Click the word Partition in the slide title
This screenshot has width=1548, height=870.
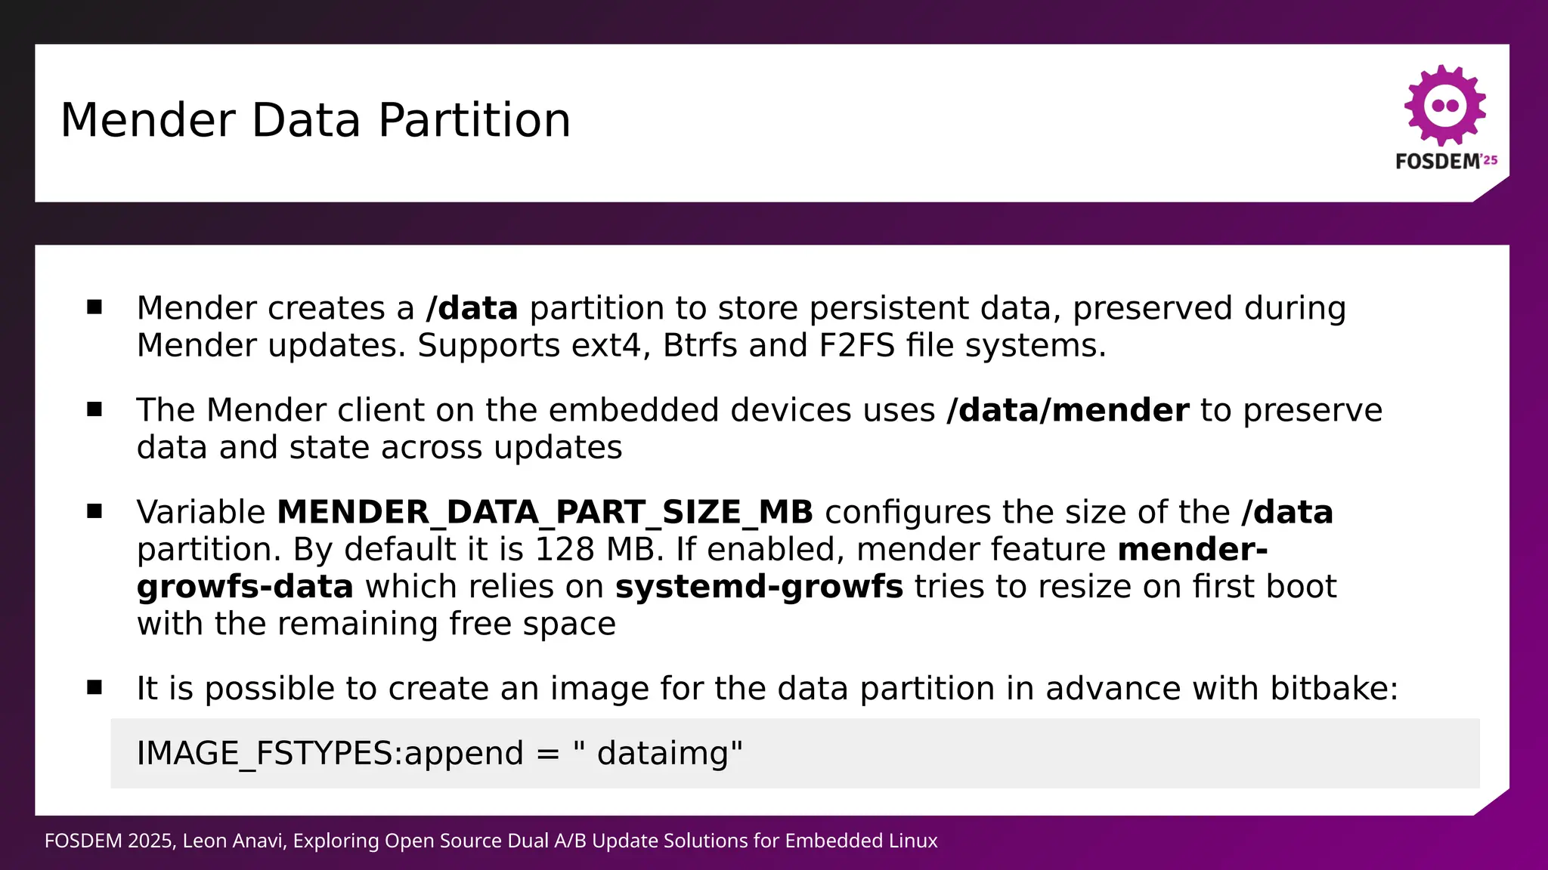[474, 121]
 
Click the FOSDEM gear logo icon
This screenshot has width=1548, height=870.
[1445, 106]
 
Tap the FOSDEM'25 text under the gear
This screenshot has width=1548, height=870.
[1446, 161]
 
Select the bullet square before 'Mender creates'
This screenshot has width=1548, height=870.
[94, 307]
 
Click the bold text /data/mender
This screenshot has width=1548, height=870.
[1068, 411]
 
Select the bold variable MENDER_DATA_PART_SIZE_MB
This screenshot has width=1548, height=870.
[544, 513]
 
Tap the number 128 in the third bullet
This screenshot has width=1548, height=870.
[565, 550]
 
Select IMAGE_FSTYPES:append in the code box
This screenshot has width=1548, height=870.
[330, 754]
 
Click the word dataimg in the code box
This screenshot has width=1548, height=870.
[662, 754]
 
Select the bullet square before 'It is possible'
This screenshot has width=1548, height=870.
[94, 688]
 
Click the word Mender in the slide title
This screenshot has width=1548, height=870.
[147, 121]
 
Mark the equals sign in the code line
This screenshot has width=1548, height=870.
[547, 754]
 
